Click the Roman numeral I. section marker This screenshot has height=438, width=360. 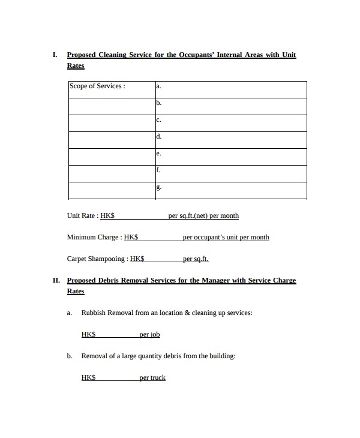(55, 55)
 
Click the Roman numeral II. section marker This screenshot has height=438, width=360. (56, 280)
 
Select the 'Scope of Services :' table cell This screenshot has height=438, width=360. (97, 86)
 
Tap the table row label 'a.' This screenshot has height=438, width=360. (158, 86)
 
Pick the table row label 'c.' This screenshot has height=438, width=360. (158, 120)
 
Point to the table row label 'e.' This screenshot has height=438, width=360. (158, 154)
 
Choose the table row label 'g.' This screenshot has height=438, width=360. (158, 187)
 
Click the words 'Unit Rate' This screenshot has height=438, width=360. (82, 216)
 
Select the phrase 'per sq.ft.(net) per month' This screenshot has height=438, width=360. (203, 216)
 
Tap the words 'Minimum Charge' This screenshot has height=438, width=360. (93, 238)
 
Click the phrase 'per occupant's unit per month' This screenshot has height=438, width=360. (226, 238)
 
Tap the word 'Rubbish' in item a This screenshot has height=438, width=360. (94, 313)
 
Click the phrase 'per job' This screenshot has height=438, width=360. (149, 335)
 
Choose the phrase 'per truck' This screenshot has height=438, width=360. (152, 378)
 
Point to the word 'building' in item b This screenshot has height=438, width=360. (220, 356)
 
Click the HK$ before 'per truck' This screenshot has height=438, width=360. (89, 378)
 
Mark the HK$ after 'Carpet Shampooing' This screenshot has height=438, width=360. (137, 259)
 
